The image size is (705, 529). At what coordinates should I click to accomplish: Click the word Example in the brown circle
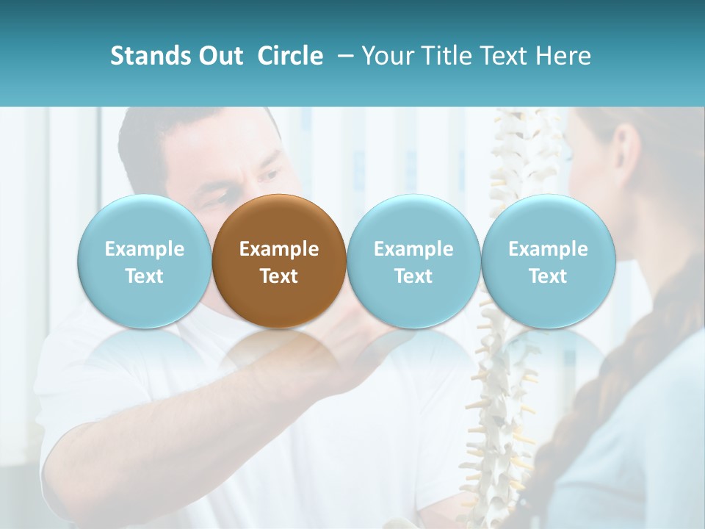click(279, 249)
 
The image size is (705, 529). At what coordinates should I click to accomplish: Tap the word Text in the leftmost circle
click(144, 276)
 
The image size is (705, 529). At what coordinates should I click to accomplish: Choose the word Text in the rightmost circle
click(548, 276)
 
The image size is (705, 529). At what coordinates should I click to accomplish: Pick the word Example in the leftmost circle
click(144, 249)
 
